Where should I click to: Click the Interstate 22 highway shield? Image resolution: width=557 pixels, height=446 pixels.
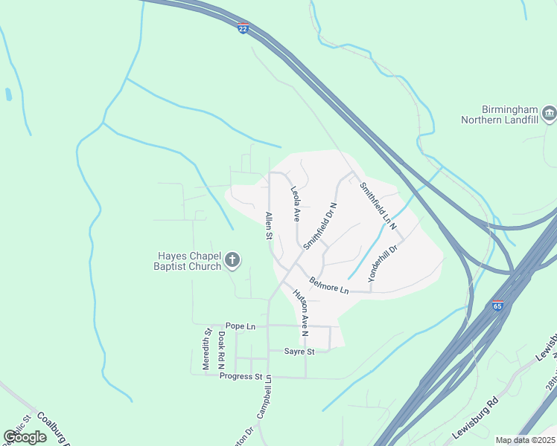pyautogui.click(x=243, y=28)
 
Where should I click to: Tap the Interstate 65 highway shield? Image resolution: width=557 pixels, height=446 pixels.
pyautogui.click(x=497, y=306)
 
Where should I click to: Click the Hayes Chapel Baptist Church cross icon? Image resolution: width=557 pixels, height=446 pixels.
pyautogui.click(x=232, y=259)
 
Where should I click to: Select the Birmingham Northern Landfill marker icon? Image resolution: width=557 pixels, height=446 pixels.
pyautogui.click(x=550, y=113)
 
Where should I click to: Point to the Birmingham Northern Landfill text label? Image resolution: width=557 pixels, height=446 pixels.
pyautogui.click(x=499, y=114)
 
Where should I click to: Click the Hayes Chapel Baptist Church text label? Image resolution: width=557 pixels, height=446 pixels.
pyautogui.click(x=188, y=260)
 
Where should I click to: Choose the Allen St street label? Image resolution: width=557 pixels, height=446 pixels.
pyautogui.click(x=269, y=226)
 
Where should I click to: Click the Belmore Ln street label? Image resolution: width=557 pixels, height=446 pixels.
pyautogui.click(x=328, y=285)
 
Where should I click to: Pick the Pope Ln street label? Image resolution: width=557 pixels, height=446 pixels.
pyautogui.click(x=240, y=326)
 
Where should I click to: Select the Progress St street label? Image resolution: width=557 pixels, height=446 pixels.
pyautogui.click(x=241, y=376)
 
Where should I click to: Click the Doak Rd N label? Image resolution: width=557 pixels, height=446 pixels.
pyautogui.click(x=221, y=350)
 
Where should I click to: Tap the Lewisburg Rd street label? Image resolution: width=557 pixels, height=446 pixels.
pyautogui.click(x=474, y=423)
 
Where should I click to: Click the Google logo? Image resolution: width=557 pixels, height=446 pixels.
pyautogui.click(x=25, y=437)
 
